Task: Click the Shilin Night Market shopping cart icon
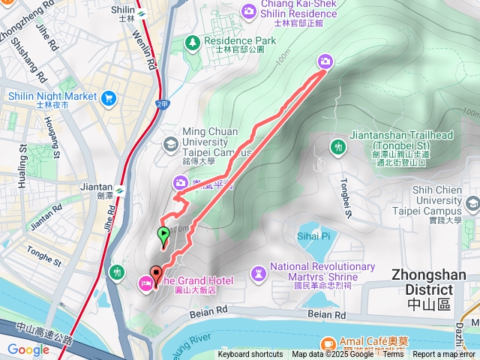[x=109, y=97]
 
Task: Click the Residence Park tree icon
[x=193, y=41]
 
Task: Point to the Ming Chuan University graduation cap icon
[x=170, y=142]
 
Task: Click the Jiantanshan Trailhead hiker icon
[x=337, y=146]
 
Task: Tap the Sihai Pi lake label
[x=315, y=236]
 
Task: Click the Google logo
[x=28, y=349]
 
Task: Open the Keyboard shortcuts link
[x=250, y=355]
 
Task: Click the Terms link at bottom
[x=393, y=355]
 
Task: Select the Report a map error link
[x=445, y=355]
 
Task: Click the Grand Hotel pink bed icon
[x=144, y=282]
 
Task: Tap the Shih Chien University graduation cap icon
[x=472, y=203]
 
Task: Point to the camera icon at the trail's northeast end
[x=325, y=61]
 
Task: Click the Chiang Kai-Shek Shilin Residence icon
[x=248, y=10]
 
